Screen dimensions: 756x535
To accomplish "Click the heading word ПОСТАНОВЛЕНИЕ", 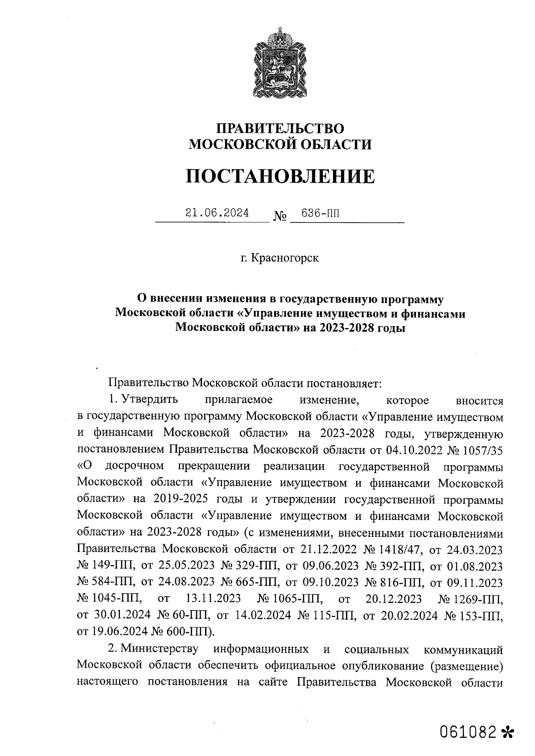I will click(x=280, y=177).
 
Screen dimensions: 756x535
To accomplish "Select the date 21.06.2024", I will click(x=217, y=213).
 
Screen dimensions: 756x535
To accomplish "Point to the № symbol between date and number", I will click(x=279, y=217).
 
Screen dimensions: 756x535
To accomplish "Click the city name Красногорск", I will click(x=285, y=258).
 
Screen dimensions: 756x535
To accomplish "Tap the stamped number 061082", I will click(x=468, y=731).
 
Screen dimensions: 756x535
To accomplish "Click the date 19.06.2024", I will click(x=120, y=632).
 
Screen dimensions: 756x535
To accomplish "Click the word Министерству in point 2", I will click(x=161, y=649).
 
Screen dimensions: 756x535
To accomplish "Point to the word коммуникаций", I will click(x=462, y=649).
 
